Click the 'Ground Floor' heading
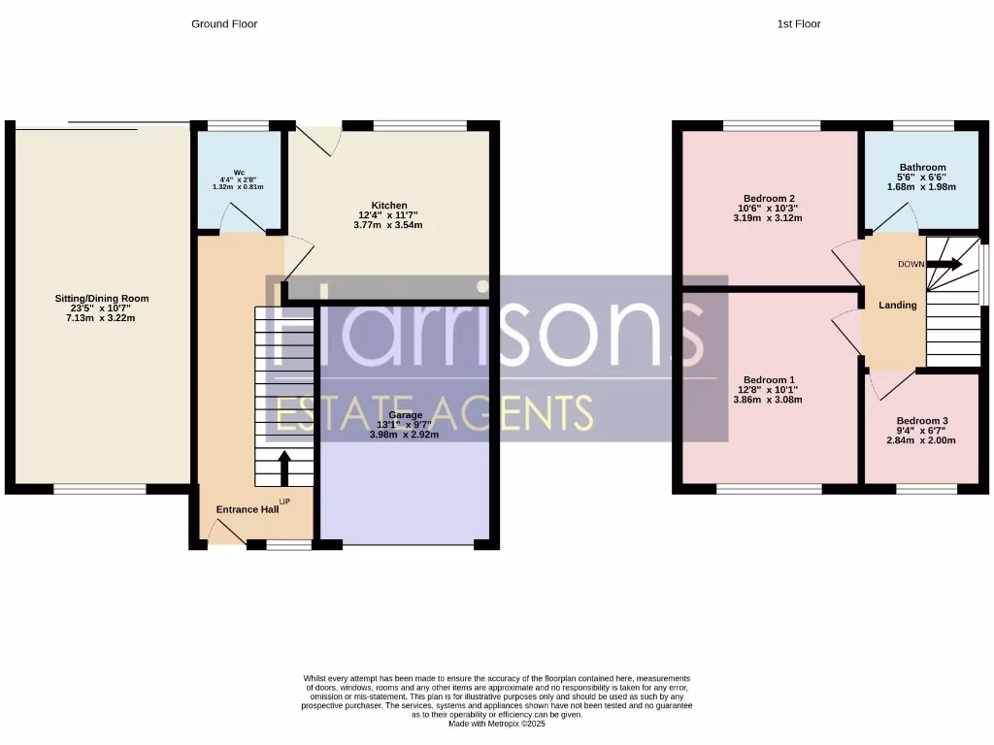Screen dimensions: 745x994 pyautogui.click(x=224, y=23)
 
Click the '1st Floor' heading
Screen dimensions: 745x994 pyautogui.click(x=798, y=23)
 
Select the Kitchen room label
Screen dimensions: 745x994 pyautogui.click(x=389, y=206)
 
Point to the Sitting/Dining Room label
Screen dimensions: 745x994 pyautogui.click(x=102, y=299)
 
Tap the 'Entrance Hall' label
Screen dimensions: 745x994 pyautogui.click(x=247, y=509)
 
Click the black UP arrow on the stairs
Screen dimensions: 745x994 pyautogui.click(x=284, y=467)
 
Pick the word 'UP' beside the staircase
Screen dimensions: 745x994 pyautogui.click(x=284, y=502)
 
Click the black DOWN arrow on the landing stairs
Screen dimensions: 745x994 pyautogui.click(x=944, y=264)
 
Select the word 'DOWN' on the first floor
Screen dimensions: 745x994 pyautogui.click(x=911, y=264)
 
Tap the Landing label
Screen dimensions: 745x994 pyautogui.click(x=897, y=306)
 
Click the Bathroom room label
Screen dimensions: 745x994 pyautogui.click(x=921, y=167)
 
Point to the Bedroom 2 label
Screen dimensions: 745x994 pyautogui.click(x=769, y=198)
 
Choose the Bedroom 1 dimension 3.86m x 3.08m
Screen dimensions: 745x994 pyautogui.click(x=769, y=400)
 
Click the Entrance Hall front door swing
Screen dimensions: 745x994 pyautogui.click(x=225, y=532)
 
